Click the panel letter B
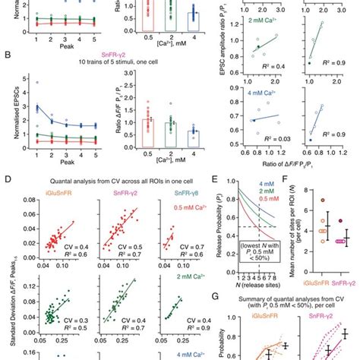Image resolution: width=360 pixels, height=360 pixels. [x=6, y=55]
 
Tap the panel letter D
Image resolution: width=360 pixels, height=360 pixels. [x=6, y=179]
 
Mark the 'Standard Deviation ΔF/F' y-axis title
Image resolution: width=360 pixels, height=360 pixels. [x=8, y=281]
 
